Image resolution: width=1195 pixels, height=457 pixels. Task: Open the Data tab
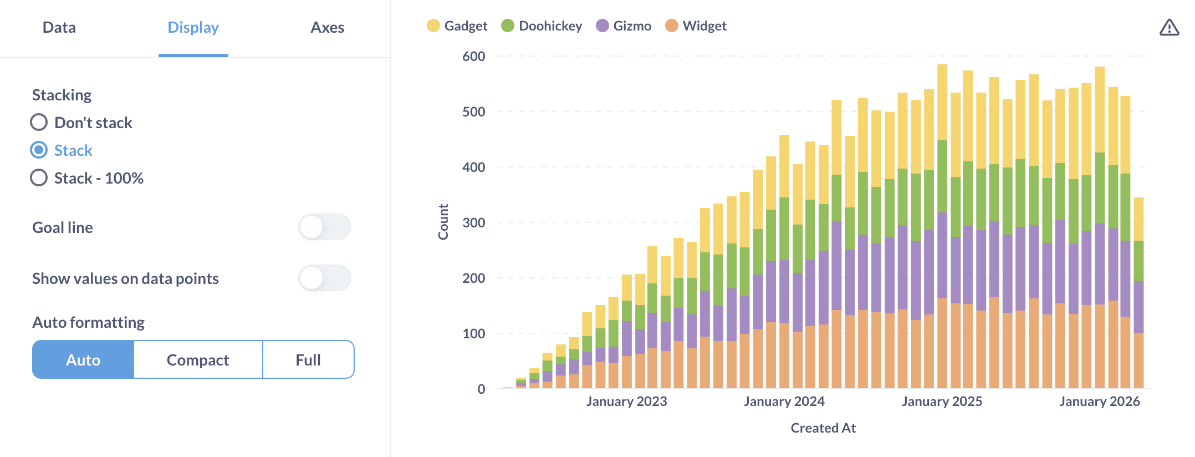coord(59,28)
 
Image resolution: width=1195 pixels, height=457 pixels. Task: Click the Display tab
coord(193,28)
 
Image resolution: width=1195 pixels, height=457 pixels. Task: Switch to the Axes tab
coord(327,28)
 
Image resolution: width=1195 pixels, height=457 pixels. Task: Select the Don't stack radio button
coord(39,123)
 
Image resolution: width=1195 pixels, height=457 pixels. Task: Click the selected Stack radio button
coord(39,150)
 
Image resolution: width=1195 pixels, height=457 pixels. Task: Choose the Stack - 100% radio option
coord(39,178)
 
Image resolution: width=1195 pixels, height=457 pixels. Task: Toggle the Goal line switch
coord(324,227)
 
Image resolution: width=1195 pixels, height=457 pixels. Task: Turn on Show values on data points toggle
coord(324,278)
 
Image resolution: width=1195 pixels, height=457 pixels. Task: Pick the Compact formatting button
coord(198,360)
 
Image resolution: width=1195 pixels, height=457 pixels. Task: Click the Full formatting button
coord(308,360)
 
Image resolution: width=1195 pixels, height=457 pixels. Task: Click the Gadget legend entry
coord(457,26)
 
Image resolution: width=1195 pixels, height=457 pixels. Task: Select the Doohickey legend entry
coord(542,26)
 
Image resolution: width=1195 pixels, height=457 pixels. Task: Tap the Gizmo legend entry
coord(624,26)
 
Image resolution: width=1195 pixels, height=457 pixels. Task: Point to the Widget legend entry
coord(696,26)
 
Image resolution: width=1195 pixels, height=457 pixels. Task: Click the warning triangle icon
coord(1169,28)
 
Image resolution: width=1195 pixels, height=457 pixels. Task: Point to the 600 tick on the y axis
coord(473,57)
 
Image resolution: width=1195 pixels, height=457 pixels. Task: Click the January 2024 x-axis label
coord(784,402)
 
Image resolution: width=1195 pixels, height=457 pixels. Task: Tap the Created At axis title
coord(823,428)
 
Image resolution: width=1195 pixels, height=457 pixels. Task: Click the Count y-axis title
coord(443,222)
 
